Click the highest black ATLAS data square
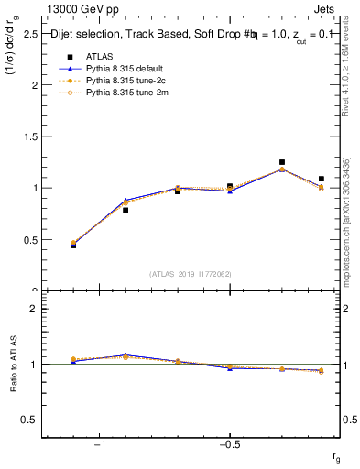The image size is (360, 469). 282,162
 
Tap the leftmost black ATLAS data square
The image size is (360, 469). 73,245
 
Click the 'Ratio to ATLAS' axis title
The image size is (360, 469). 13,365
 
